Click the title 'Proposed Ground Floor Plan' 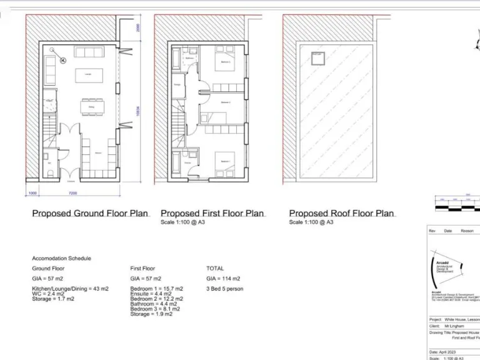click(90, 213)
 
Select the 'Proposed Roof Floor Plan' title click(341, 213)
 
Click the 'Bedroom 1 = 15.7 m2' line click(156, 289)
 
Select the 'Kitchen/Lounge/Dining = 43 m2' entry click(70, 289)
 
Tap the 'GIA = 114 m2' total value click(223, 278)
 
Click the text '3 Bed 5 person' click(225, 289)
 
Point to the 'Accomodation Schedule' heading click(61, 257)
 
